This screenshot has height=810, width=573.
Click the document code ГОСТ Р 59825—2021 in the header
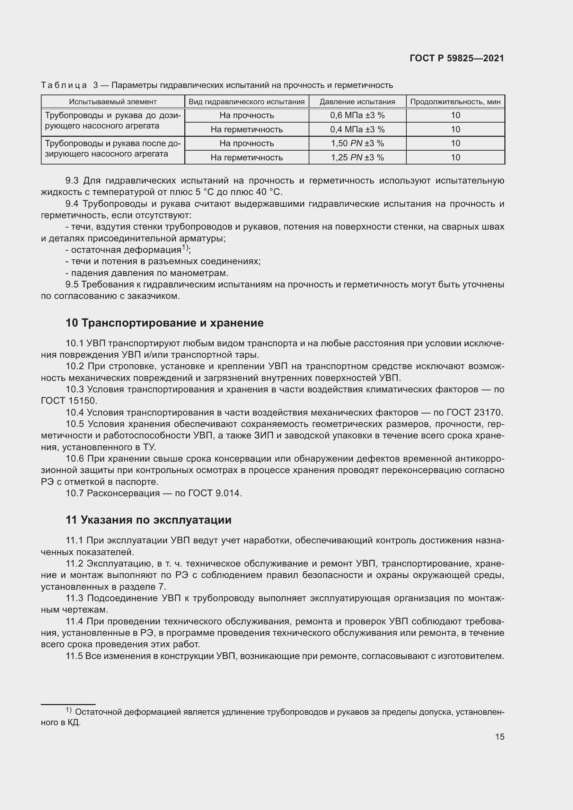pos(457,59)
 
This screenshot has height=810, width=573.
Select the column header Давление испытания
pos(357,102)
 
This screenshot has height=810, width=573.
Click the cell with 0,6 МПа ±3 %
pos(357,115)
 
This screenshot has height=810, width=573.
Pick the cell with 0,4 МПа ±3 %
pos(357,130)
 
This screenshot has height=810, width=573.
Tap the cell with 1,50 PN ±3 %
pos(357,143)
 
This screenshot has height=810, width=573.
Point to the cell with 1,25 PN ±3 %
pos(357,157)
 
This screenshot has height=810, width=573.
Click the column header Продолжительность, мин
pos(455,102)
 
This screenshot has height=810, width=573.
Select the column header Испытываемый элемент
pos(113,102)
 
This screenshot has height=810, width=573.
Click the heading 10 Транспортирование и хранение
pos(165,323)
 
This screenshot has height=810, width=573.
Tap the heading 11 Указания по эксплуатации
pos(149,520)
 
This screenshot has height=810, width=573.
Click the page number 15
pos(500,737)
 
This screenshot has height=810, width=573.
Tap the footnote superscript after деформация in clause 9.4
pos(185,247)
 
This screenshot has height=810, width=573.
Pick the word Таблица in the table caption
pos(64,86)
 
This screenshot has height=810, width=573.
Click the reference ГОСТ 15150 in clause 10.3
pos(69,401)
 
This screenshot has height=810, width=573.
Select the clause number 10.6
pos(74,459)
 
